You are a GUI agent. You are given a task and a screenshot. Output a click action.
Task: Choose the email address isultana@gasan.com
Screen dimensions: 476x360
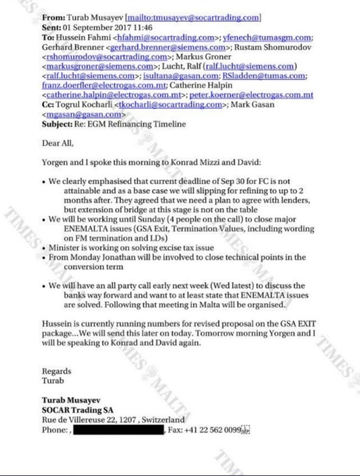[x=181, y=76]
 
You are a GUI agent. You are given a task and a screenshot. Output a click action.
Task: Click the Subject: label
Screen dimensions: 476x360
[x=57, y=125]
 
